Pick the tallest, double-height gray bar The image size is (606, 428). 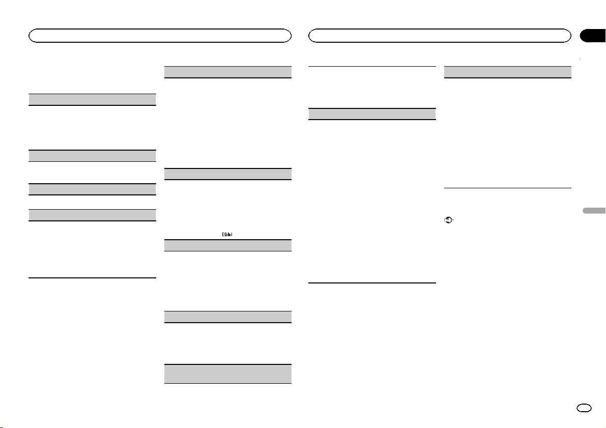coord(228,374)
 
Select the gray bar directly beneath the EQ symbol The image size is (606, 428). coord(228,245)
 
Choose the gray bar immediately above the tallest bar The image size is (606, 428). coord(228,317)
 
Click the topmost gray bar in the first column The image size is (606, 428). coord(92,99)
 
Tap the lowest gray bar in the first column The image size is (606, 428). coord(92,215)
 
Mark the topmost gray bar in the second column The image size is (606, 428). coord(228,72)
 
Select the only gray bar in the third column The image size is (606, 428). coord(372,113)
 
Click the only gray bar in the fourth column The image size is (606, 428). coord(508,72)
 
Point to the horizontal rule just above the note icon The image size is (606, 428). coord(508,188)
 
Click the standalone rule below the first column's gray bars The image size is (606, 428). coord(92,278)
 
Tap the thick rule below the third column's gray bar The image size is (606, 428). coord(372,283)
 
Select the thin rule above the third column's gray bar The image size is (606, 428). coord(372,66)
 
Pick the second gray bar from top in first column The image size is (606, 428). coord(92,155)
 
